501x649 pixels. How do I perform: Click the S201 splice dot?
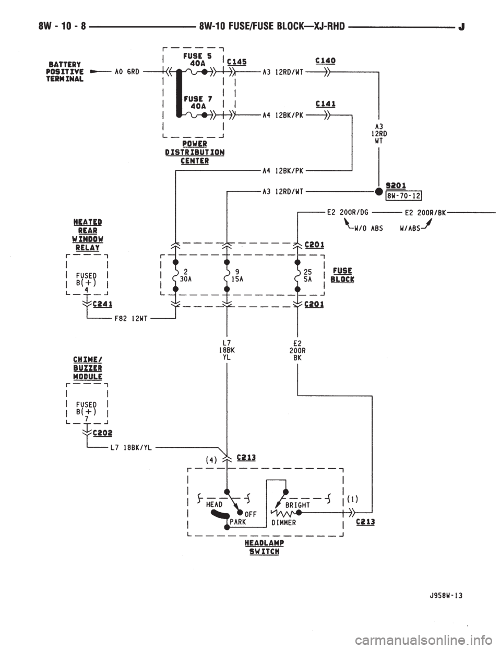click(x=378, y=191)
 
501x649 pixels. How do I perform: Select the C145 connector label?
click(x=237, y=62)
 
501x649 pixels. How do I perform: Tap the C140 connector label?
click(x=326, y=61)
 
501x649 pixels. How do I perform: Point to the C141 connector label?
click(x=326, y=104)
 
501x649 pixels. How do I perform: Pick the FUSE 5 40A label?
click(x=197, y=60)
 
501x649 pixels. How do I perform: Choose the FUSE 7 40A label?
click(x=197, y=102)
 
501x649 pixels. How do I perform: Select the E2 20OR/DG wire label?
click(x=348, y=212)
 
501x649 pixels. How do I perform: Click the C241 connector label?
click(x=103, y=304)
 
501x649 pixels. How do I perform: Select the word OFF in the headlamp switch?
click(x=250, y=514)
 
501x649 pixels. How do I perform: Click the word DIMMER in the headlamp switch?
click(x=283, y=523)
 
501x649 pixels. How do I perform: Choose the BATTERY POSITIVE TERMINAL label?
click(x=65, y=72)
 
